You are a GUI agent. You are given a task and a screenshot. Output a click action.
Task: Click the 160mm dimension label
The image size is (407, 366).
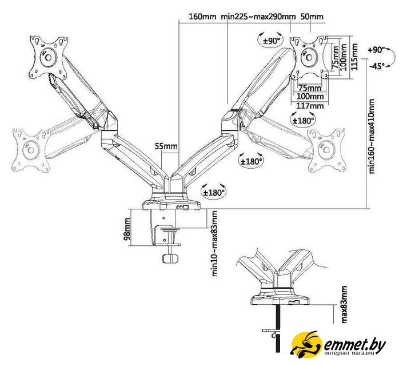tap(202, 17)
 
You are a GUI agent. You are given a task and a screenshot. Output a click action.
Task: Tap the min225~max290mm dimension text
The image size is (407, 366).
tap(258, 17)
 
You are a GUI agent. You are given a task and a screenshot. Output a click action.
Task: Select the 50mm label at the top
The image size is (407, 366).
tap(312, 17)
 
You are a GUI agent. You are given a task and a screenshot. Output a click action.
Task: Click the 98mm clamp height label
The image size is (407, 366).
tap(127, 229)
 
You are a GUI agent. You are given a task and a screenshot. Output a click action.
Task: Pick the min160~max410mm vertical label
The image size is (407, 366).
tap(372, 136)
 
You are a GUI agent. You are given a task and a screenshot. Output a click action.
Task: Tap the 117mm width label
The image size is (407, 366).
tap(310, 106)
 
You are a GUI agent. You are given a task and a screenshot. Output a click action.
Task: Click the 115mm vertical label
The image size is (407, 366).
tap(354, 57)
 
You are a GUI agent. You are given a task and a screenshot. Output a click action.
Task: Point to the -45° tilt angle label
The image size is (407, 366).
tap(377, 66)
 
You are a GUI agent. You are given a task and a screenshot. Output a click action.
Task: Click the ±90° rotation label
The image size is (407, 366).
tap(272, 41)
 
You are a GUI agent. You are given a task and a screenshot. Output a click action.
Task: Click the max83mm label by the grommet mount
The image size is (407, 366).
tap(344, 304)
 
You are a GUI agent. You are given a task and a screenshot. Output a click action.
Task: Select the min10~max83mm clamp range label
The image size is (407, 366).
tap(215, 244)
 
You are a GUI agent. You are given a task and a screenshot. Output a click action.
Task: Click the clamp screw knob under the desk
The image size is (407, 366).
tap(170, 258)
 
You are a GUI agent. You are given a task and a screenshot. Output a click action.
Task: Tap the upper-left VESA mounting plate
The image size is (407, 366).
tap(48, 57)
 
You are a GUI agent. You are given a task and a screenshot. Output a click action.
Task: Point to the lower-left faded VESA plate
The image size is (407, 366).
tap(31, 150)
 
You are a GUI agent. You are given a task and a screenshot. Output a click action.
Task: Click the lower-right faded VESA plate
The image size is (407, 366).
tap(326, 150)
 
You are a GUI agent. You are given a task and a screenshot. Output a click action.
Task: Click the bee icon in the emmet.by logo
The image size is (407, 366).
tap(306, 344)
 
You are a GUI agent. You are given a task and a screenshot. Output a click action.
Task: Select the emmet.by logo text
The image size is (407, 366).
tap(354, 345)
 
